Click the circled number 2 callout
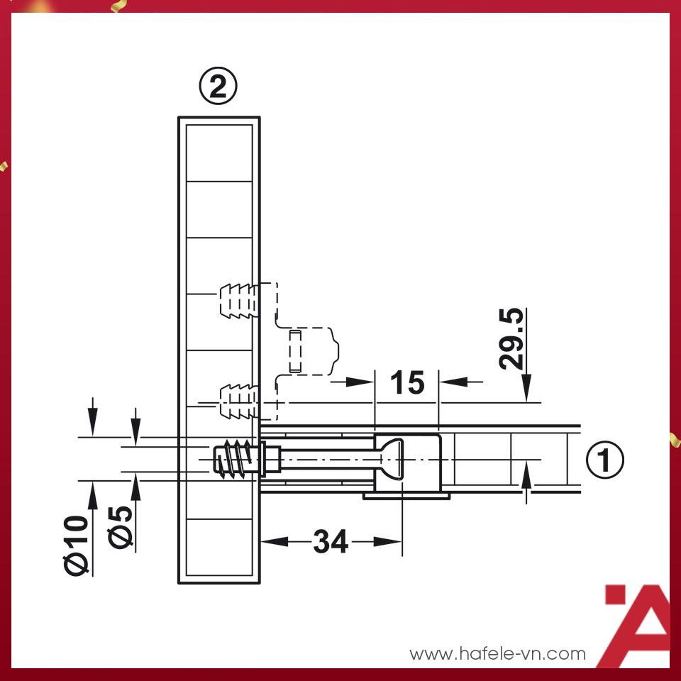point(218,88)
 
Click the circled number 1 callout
point(604,461)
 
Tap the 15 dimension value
point(407,383)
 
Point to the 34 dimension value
point(331,543)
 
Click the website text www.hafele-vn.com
point(498,653)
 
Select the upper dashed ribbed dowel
point(237,300)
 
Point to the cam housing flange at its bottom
point(406,495)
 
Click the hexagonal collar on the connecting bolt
point(271,460)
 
